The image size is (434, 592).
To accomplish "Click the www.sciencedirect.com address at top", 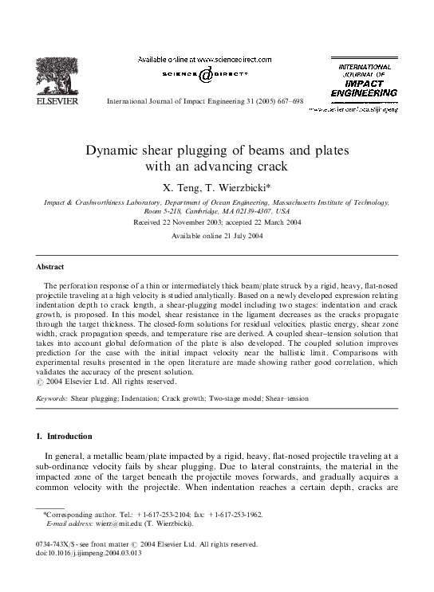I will pos(234,60).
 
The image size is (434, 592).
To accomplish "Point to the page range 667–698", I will pos(286,103).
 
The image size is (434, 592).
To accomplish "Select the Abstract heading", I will pos(50,267).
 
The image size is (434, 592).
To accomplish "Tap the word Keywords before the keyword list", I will pos(52,397).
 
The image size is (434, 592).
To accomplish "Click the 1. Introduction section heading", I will pos(65,436).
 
